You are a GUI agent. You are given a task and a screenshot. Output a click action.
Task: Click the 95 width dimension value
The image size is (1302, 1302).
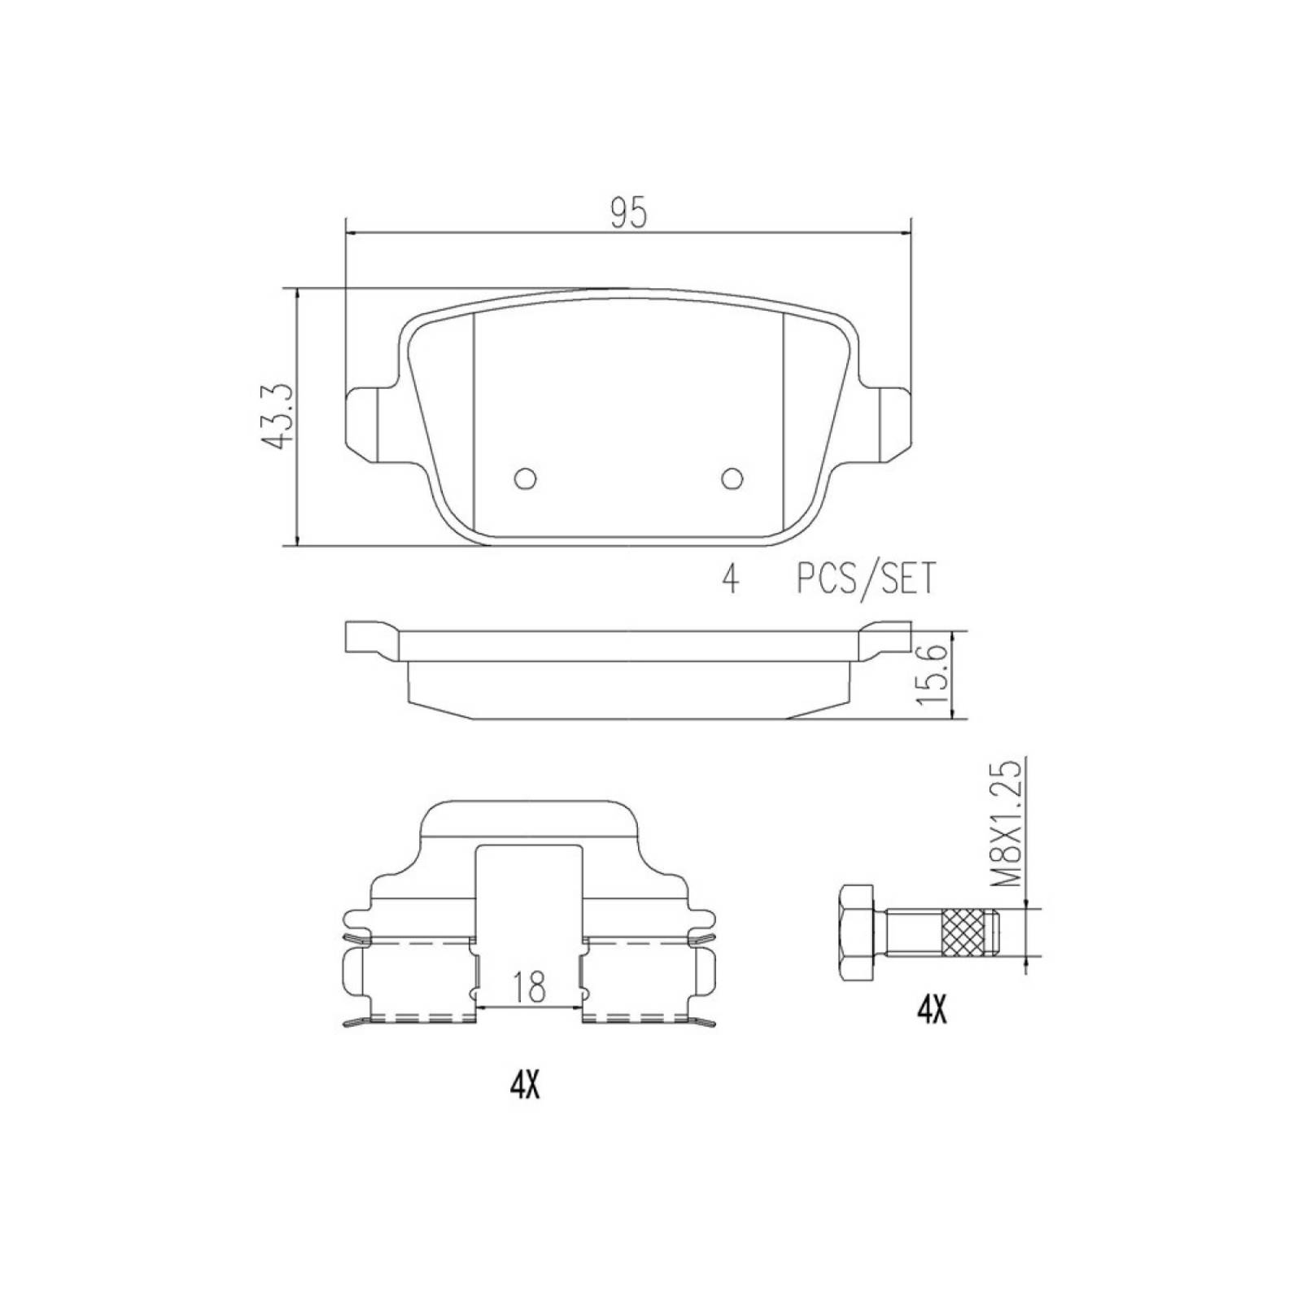(x=628, y=213)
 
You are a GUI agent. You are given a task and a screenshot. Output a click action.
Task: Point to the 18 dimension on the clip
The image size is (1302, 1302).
(x=530, y=986)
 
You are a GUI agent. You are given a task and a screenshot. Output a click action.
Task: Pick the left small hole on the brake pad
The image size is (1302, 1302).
(x=526, y=478)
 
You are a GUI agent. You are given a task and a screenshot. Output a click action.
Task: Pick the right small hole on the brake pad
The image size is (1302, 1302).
(x=732, y=478)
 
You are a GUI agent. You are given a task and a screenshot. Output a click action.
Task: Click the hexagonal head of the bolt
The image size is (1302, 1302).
(x=857, y=933)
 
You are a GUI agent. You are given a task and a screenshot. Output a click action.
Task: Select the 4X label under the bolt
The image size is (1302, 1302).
(x=932, y=1011)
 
